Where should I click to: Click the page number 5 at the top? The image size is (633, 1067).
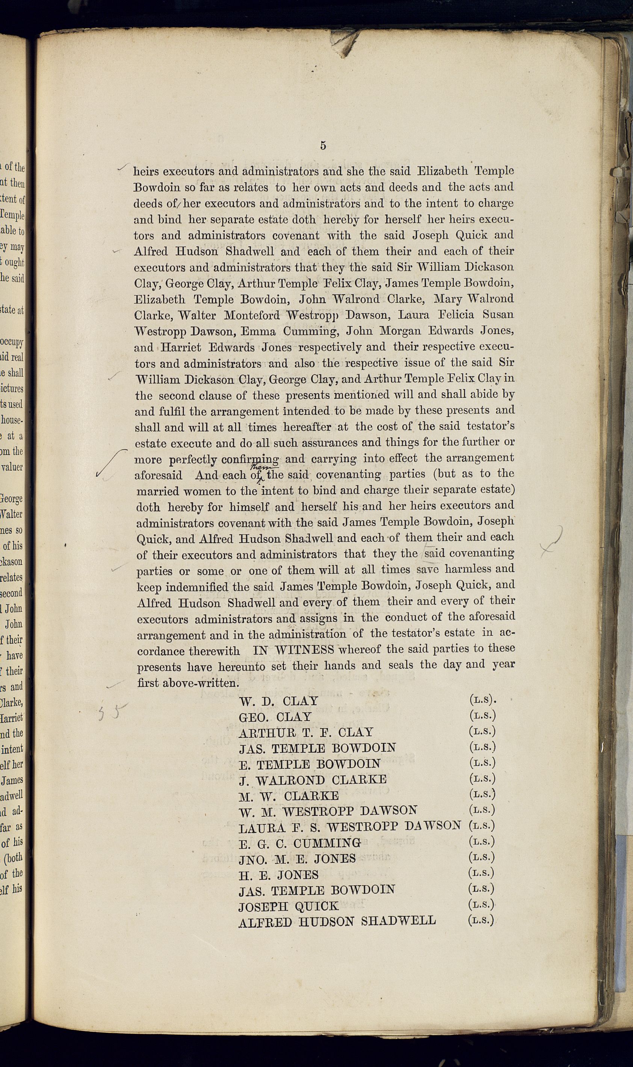pos(323,145)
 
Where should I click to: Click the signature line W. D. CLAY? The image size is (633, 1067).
pos(278,701)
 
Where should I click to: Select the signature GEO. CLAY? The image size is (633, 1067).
pos(275,717)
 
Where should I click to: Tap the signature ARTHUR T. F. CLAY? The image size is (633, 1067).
pos(306,733)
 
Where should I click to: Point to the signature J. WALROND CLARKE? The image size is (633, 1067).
pos(313,780)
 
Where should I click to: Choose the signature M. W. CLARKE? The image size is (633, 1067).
pos(289,796)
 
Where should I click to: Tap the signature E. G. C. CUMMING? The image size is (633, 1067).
pos(300,843)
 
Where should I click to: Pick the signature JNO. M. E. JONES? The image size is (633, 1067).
pos(297,858)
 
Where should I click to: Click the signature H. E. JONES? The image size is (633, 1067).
pos(278,875)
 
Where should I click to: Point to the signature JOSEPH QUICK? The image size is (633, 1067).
pos(289,906)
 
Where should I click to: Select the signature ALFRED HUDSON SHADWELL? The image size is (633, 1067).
pos(337,921)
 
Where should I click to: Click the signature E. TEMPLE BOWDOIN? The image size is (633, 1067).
pos(310,764)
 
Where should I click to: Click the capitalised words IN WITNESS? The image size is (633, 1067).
pos(293,650)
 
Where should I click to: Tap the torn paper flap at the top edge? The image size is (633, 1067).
pos(346,43)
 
